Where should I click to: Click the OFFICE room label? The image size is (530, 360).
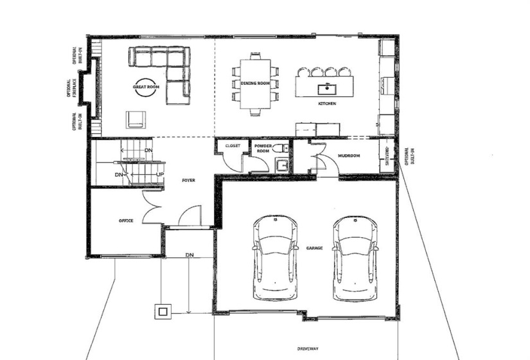click(126, 221)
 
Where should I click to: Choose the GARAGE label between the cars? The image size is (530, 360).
click(314, 248)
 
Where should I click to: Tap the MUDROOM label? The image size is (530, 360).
click(348, 156)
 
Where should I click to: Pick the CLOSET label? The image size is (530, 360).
click(233, 146)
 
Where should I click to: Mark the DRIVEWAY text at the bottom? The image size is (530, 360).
click(308, 349)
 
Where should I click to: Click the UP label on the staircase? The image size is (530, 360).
click(160, 175)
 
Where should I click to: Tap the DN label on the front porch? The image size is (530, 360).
click(190, 255)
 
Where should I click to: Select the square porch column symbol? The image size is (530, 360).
click(162, 311)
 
